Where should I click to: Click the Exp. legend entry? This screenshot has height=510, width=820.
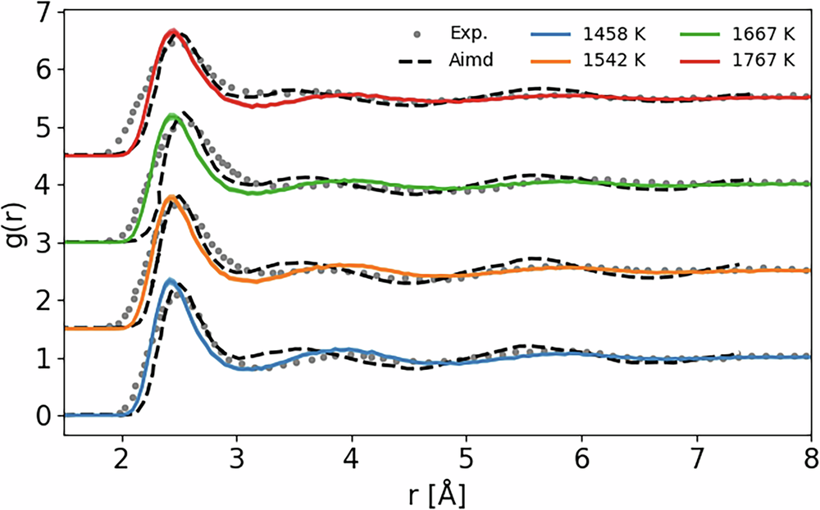point(453,34)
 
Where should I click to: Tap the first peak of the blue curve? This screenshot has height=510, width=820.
point(170,281)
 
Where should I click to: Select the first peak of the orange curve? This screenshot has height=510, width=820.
point(171,197)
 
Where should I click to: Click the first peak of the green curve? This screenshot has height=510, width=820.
point(171,116)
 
